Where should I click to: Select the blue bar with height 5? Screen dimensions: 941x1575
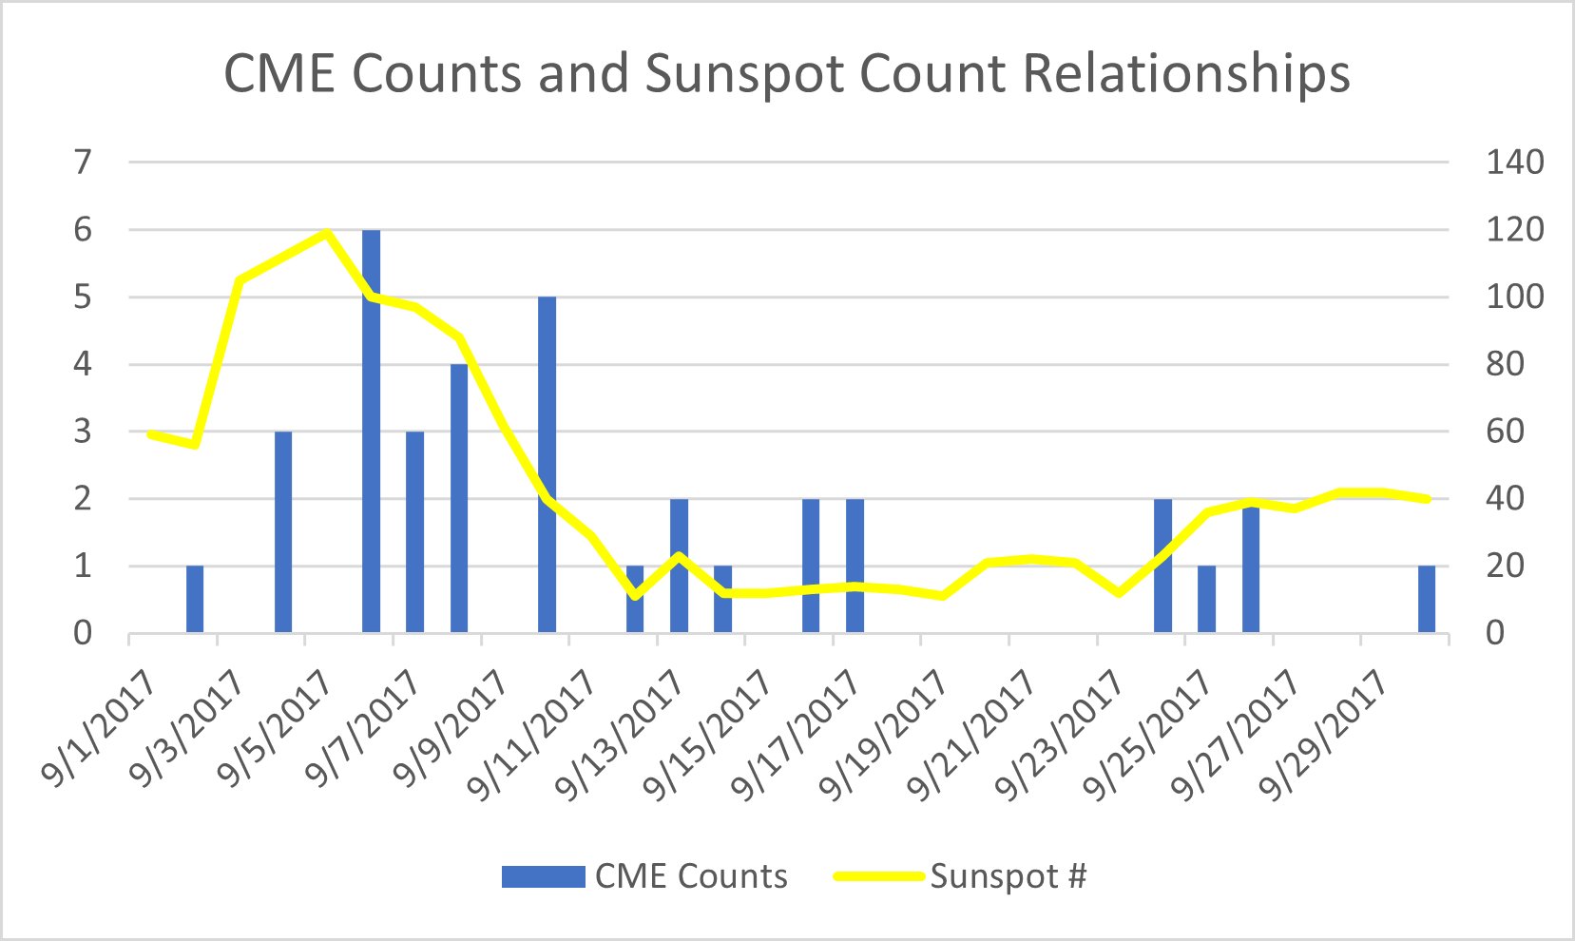(x=547, y=466)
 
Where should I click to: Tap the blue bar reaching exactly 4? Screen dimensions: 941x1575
(x=459, y=499)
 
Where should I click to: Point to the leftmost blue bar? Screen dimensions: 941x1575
(x=195, y=599)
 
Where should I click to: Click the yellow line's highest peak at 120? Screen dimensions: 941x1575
(x=327, y=232)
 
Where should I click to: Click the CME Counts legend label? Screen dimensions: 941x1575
(x=691, y=876)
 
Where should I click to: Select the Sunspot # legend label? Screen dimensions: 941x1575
(x=1008, y=876)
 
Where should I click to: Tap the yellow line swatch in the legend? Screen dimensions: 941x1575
(x=878, y=876)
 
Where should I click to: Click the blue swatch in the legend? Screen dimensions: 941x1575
(x=543, y=876)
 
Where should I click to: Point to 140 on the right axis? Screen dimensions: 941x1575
(x=1515, y=163)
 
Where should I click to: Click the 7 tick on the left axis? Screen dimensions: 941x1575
(x=84, y=163)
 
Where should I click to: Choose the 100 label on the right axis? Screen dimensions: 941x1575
(x=1515, y=297)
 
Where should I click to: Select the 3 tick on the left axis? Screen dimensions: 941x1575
(x=84, y=432)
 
